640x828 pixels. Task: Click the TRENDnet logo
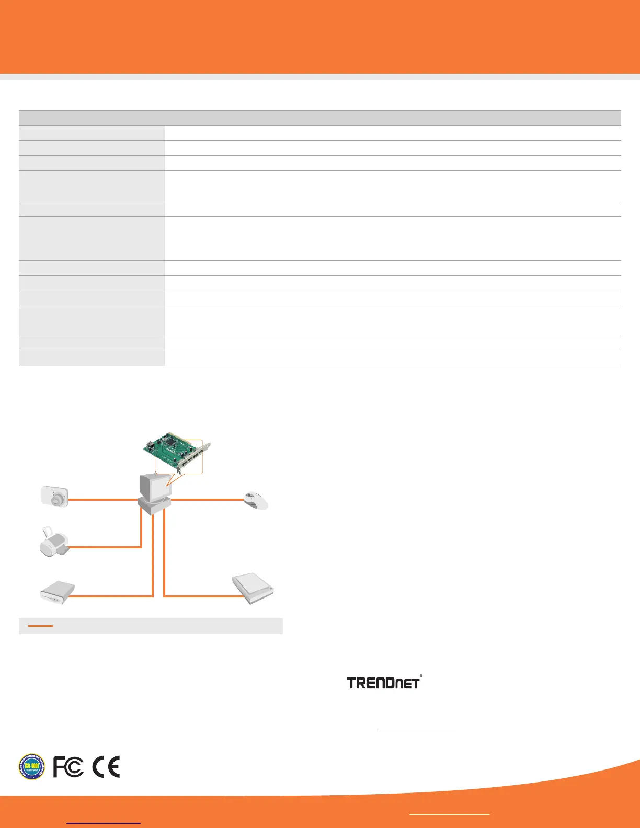point(383,683)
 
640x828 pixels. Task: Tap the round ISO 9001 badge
point(32,766)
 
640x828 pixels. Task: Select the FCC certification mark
point(68,767)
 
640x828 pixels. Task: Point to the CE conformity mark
point(106,767)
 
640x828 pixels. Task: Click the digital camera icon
point(55,496)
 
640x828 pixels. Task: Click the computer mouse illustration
point(256,501)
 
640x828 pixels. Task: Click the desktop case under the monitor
point(154,506)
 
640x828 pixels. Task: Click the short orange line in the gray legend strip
point(41,626)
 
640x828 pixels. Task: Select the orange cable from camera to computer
point(102,500)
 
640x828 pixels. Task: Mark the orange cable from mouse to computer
point(208,500)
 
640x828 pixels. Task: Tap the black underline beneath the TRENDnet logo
point(416,731)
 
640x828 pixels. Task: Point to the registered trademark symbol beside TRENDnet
point(421,676)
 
